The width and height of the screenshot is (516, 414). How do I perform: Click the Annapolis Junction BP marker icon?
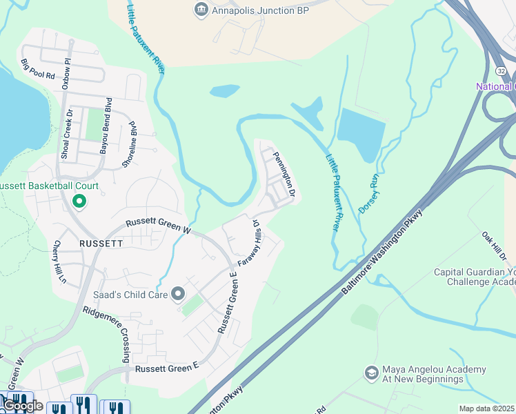[201, 9]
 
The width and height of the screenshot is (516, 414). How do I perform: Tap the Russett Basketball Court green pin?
[79, 201]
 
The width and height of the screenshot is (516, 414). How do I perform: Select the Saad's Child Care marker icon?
[178, 295]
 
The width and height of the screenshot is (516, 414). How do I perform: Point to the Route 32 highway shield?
[502, 71]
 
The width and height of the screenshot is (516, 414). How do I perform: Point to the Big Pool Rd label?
[37, 70]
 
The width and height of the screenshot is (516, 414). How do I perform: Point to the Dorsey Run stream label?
[368, 193]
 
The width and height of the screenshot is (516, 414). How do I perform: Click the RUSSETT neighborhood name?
[101, 244]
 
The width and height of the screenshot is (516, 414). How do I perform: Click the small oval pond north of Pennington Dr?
[225, 90]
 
